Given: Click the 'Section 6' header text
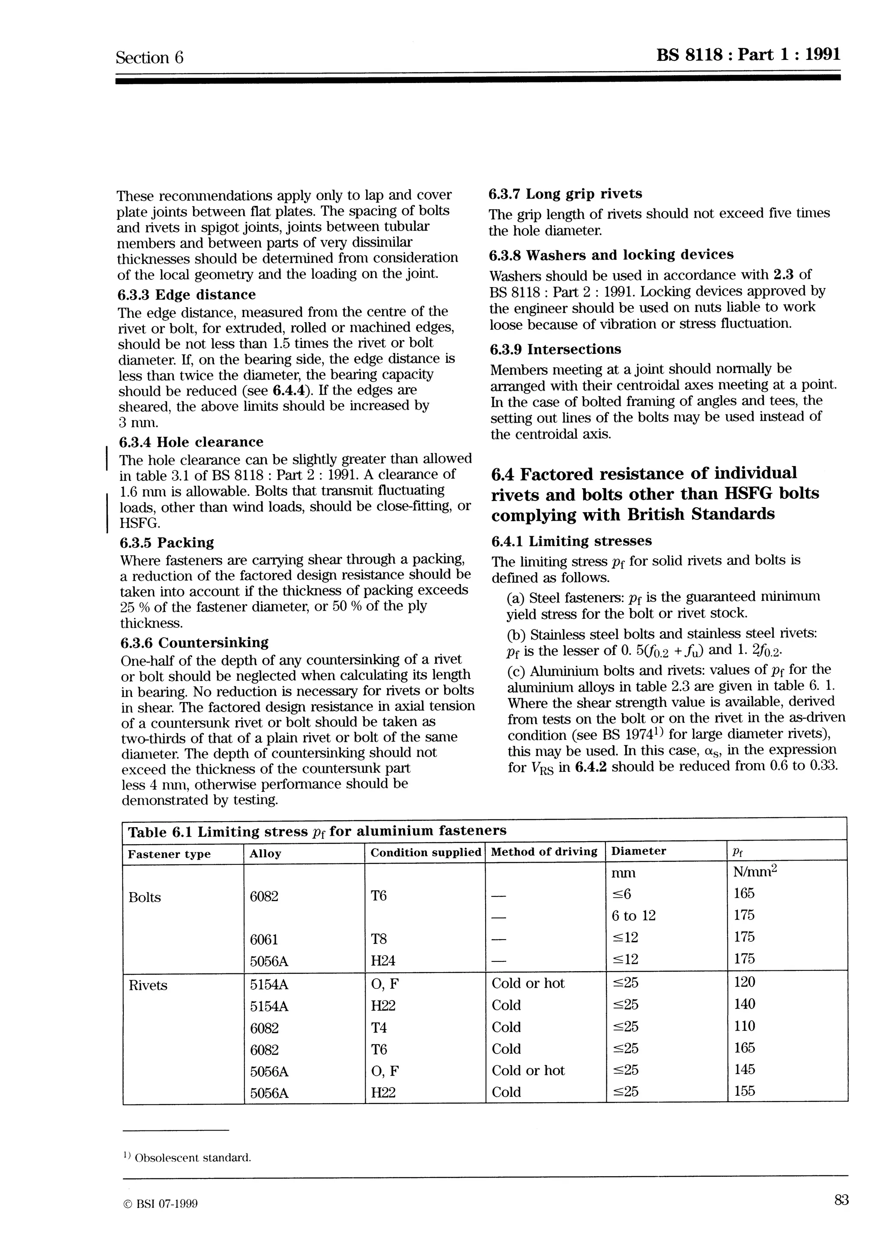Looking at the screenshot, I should [x=150, y=58].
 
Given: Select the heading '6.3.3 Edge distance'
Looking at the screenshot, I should [x=186, y=294].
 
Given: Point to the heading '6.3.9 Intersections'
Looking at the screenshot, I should [x=555, y=350].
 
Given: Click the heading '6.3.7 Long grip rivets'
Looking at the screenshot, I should [x=565, y=194].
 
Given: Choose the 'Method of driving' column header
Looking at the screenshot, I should [x=544, y=851].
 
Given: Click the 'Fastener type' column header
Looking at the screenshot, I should [x=169, y=854].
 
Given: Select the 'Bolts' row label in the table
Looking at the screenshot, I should [x=145, y=898].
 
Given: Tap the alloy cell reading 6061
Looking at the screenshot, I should [x=264, y=940].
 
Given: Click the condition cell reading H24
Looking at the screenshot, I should [x=383, y=961].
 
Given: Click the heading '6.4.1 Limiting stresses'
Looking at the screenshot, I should [x=572, y=541].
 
